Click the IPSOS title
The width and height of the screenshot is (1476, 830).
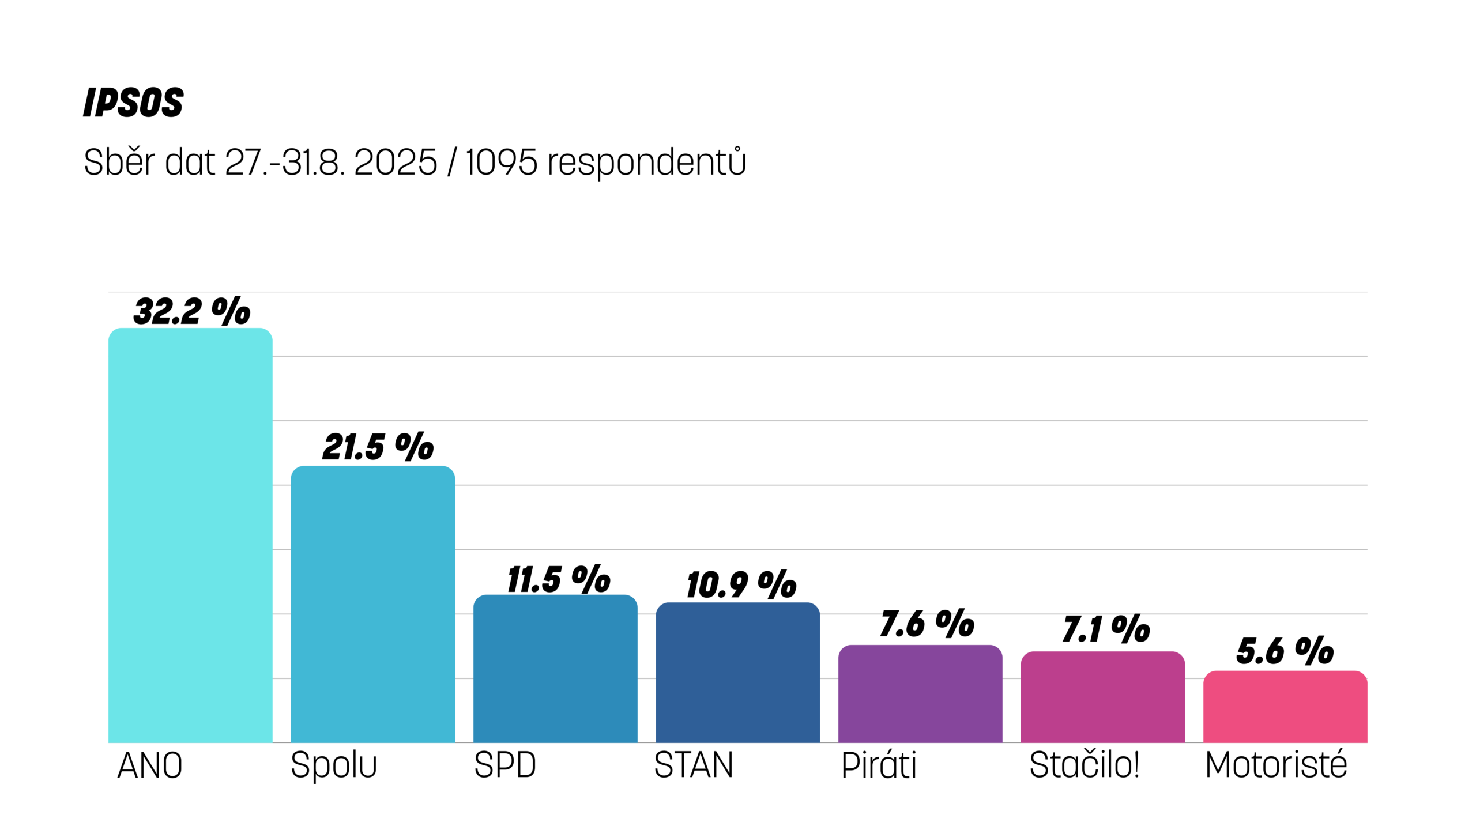coord(133,103)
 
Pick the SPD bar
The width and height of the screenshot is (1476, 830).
coord(555,669)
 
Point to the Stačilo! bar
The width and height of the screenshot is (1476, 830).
coord(1102,697)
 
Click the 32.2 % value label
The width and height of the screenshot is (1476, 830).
coord(191,311)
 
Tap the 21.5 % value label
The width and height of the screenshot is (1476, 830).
coord(378,447)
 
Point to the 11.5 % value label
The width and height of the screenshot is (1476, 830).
coord(559,579)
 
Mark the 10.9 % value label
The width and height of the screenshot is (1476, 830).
coord(741,584)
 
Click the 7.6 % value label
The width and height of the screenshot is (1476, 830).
coord(927,624)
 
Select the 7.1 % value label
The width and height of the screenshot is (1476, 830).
coord(1106,629)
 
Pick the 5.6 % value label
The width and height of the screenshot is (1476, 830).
coord(1285,651)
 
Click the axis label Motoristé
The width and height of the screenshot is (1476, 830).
coord(1276,765)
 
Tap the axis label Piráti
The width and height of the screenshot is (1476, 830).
coord(879,765)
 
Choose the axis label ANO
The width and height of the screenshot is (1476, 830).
coord(150,766)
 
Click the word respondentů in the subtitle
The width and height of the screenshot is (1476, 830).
coord(646,163)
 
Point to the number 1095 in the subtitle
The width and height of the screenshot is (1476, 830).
coord(502,163)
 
